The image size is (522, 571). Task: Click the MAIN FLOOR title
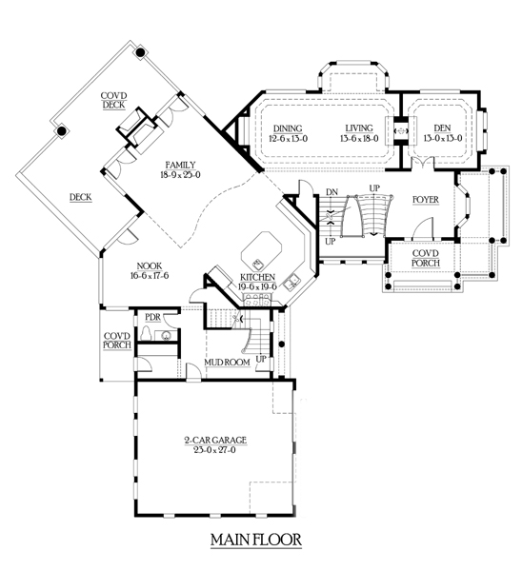coord(256,540)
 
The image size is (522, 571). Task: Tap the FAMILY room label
coord(180,165)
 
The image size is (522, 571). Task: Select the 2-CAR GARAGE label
coord(215,441)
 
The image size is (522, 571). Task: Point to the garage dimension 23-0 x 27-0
coord(215,450)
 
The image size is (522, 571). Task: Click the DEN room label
coord(443,128)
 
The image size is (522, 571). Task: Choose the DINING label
coord(288,128)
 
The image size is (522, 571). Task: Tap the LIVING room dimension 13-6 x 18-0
coord(359,138)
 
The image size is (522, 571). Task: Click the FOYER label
coord(426,200)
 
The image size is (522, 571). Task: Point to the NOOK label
coord(150,266)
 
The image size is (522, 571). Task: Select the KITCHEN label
coord(257,278)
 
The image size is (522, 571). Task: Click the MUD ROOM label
coord(227,363)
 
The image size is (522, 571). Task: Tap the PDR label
coord(152,317)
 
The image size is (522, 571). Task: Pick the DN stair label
coord(331,192)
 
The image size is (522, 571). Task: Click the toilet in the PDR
coord(146,333)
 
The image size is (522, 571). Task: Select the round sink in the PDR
coord(167,335)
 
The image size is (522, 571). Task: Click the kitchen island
coord(261,251)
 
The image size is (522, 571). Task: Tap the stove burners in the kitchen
coord(258,301)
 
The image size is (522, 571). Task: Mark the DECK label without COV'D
coord(81,197)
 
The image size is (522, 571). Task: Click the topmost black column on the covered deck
coord(140,52)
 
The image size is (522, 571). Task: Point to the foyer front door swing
coord(422,226)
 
